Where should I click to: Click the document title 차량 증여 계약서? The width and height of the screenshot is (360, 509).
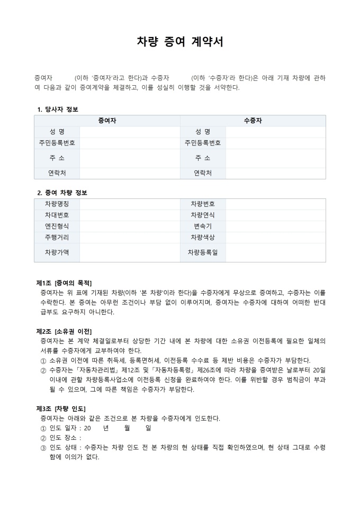click(x=179, y=42)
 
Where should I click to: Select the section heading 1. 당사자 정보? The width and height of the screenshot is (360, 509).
click(x=58, y=110)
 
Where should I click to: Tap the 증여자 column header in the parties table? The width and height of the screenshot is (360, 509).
click(x=107, y=121)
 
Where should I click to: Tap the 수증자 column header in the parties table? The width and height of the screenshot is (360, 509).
click(x=253, y=121)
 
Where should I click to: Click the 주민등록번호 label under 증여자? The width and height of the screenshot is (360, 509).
click(x=57, y=143)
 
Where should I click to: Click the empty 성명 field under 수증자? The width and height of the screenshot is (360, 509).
click(x=275, y=132)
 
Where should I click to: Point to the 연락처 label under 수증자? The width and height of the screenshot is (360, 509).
click(x=203, y=173)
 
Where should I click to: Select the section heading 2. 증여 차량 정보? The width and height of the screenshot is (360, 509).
click(x=62, y=193)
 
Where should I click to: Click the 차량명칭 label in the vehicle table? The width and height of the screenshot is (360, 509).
click(x=57, y=204)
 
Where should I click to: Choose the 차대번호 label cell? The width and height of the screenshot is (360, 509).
click(x=57, y=215)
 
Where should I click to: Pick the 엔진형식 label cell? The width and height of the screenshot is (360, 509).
click(x=57, y=226)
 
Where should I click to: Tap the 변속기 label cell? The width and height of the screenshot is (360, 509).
click(x=203, y=226)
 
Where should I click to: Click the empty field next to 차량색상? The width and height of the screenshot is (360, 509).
click(x=275, y=237)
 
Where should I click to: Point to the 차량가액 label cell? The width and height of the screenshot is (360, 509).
click(x=57, y=252)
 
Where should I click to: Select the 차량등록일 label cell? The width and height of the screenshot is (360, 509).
click(x=203, y=252)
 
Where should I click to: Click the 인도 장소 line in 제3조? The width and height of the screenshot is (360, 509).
click(x=65, y=438)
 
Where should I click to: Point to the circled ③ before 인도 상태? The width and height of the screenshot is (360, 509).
click(x=43, y=448)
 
